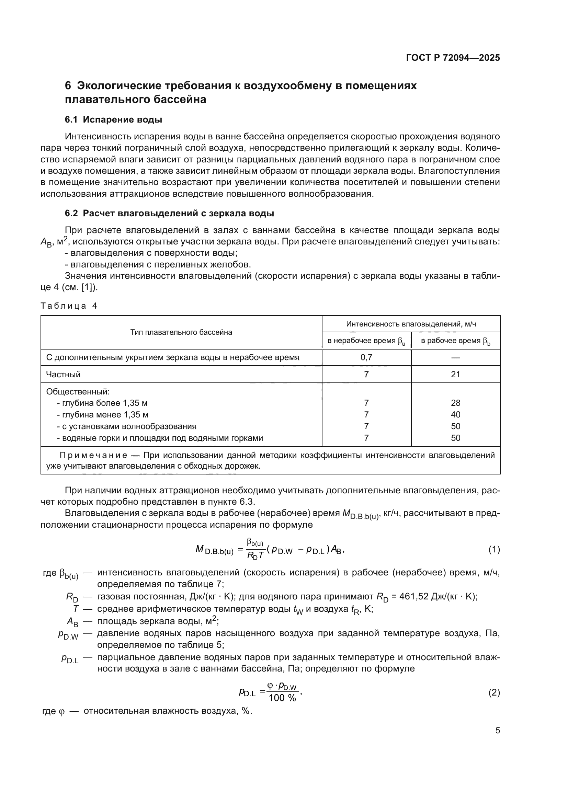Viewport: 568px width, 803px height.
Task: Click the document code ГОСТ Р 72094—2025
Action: pyautogui.click(x=453, y=58)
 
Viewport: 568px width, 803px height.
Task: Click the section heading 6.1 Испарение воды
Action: pyautogui.click(x=113, y=119)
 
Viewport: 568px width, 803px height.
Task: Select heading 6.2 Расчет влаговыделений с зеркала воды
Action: pyautogui.click(x=169, y=213)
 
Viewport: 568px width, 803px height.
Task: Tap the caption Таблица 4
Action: pyautogui.click(x=69, y=306)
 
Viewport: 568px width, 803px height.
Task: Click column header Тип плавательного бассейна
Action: pyautogui.click(x=181, y=332)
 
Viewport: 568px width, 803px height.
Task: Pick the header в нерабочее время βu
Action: pyautogui.click(x=366, y=341)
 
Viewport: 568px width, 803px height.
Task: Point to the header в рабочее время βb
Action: pyautogui.click(x=455, y=341)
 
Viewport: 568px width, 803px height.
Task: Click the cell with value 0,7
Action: pyautogui.click(x=366, y=357)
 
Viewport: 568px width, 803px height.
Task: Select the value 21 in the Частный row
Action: pyautogui.click(x=455, y=375)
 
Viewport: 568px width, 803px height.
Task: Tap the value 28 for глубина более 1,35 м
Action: pyautogui.click(x=455, y=403)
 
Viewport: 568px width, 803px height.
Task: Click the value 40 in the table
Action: pyautogui.click(x=455, y=414)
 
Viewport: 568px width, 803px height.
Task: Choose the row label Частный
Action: pyautogui.click(x=63, y=375)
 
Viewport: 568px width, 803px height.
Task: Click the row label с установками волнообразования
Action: pyautogui.click(x=127, y=426)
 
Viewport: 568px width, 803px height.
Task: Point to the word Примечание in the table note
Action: pyautogui.click(x=93, y=455)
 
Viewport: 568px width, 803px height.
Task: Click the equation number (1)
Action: pyautogui.click(x=494, y=550)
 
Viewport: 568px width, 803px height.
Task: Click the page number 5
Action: pyautogui.click(x=497, y=731)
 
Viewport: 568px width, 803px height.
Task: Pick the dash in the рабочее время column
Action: pyautogui.click(x=455, y=357)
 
